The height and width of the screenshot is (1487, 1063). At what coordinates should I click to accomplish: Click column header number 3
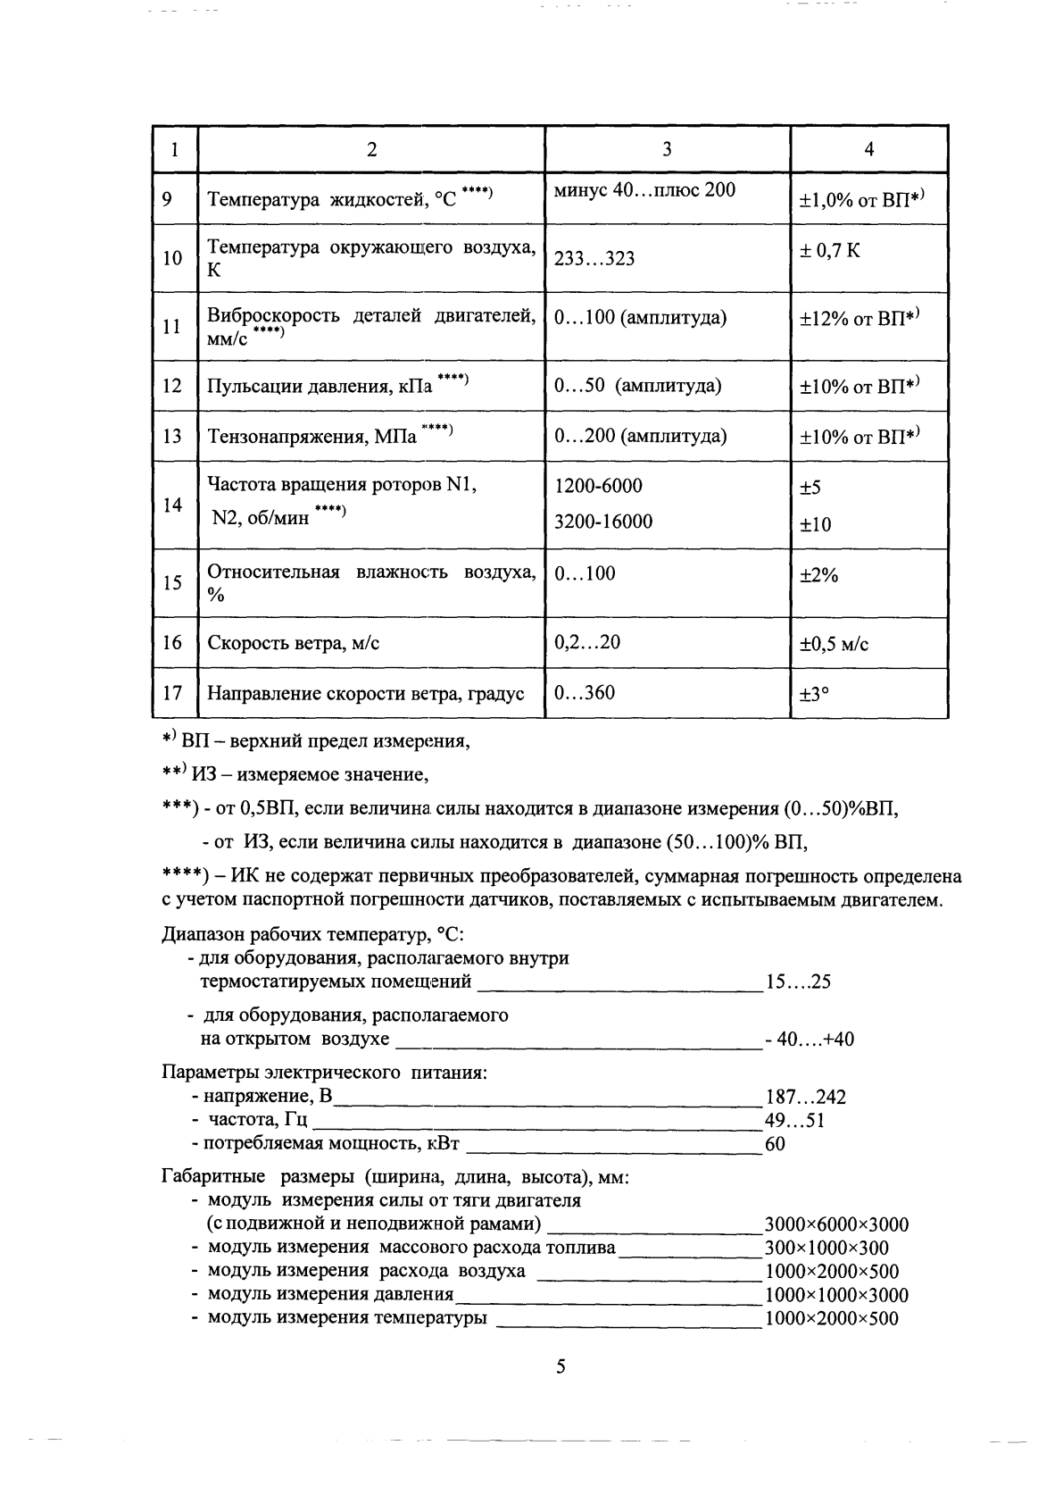[667, 149]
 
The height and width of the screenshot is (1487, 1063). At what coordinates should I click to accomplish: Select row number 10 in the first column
[172, 258]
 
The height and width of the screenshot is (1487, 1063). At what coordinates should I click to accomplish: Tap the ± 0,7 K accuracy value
[830, 251]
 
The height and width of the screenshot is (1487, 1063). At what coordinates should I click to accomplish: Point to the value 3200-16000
[602, 521]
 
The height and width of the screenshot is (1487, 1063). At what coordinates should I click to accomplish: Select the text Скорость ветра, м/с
[293, 643]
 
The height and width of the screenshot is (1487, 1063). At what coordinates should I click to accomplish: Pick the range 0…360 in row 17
[585, 692]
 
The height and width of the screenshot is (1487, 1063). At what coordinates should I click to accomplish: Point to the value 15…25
[798, 982]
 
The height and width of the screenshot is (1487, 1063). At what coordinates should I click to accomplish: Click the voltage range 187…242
[805, 1097]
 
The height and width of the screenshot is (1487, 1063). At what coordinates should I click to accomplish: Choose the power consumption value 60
[775, 1143]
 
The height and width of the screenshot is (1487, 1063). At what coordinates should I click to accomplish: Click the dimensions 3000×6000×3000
[836, 1224]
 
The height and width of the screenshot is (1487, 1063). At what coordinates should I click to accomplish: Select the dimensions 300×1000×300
[826, 1248]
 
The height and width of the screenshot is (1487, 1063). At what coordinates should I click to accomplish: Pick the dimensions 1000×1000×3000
[836, 1295]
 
